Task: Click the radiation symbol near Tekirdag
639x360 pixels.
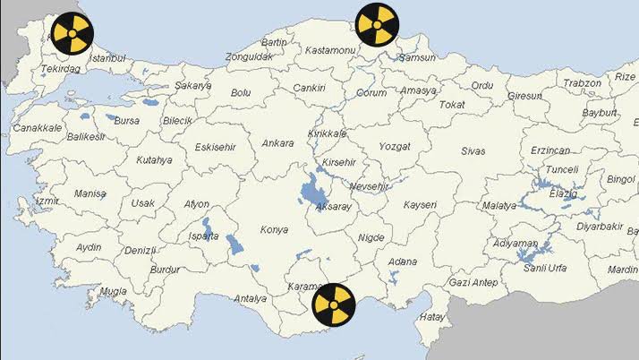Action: coord(70,32)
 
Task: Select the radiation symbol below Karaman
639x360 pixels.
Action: coord(333,304)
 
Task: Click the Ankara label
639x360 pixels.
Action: coord(277,142)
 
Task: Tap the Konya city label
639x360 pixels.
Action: coord(274,230)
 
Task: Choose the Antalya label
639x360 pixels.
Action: coord(250,298)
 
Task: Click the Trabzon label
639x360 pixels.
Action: coord(583,83)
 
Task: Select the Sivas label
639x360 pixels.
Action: coord(473,151)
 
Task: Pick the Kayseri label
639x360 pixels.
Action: coord(420,205)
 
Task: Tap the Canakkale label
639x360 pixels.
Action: coord(38,128)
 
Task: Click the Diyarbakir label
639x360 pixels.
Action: coord(599,227)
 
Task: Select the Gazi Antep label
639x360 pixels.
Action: coord(473,282)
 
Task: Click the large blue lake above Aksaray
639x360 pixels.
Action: coord(312,190)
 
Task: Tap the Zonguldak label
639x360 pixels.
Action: coord(248,56)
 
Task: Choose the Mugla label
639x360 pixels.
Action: coord(113,291)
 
